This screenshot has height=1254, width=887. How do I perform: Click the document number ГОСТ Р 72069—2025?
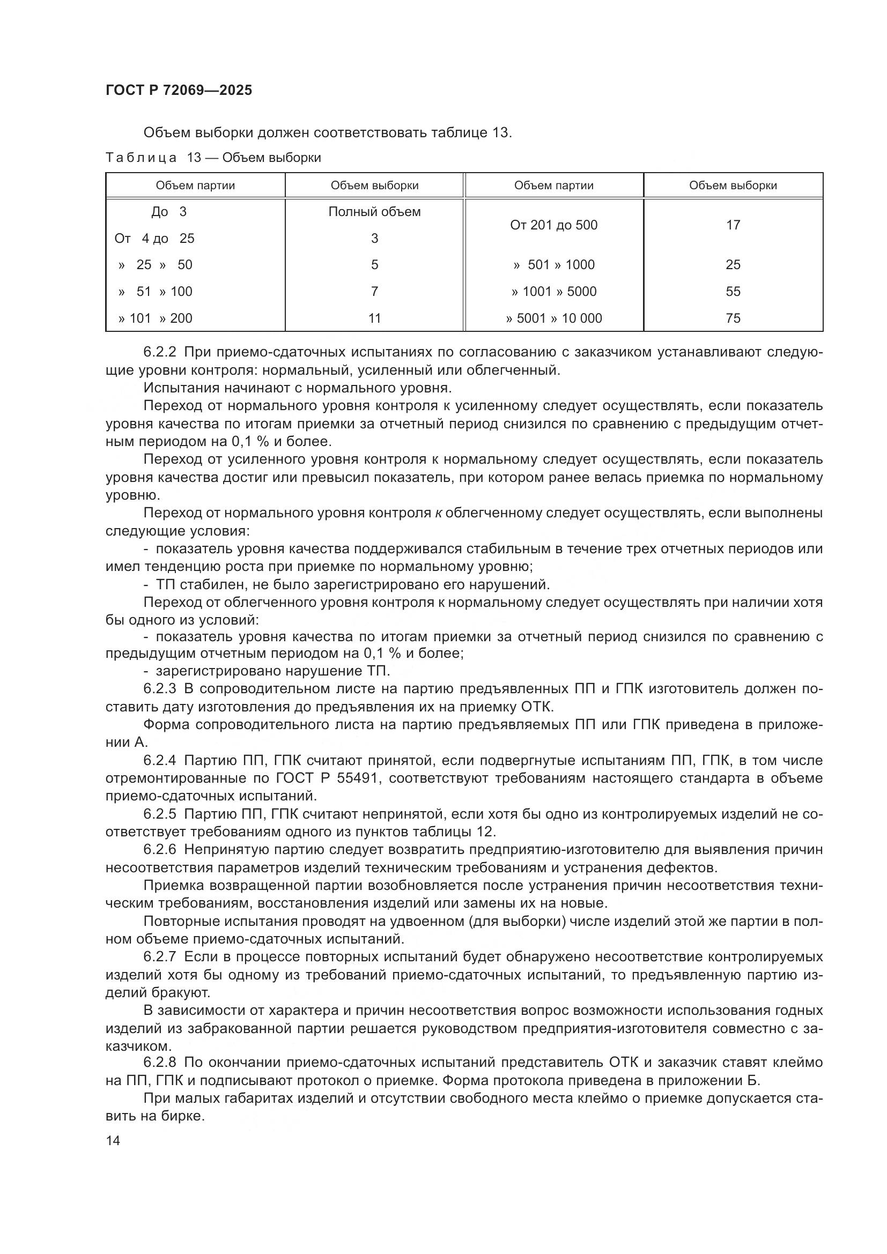click(x=179, y=91)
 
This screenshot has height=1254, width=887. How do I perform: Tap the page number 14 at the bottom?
click(x=113, y=1140)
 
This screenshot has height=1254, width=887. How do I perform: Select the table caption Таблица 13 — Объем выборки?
click(x=213, y=158)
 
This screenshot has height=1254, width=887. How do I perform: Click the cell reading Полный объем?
click(x=374, y=212)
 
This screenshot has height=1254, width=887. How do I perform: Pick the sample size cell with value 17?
click(x=733, y=225)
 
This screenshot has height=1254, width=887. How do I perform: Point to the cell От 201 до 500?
click(x=553, y=225)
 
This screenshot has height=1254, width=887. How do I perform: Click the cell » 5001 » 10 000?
click(x=553, y=318)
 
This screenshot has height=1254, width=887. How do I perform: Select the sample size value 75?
click(x=733, y=318)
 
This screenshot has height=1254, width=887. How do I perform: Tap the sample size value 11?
click(x=374, y=318)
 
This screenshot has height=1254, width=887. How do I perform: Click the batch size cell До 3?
click(x=169, y=212)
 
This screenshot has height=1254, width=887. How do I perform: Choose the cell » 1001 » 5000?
click(x=553, y=292)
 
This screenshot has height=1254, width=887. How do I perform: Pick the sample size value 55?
click(x=733, y=292)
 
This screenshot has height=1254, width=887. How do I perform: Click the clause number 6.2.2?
click(x=159, y=352)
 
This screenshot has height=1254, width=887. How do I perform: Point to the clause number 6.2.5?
click(x=159, y=814)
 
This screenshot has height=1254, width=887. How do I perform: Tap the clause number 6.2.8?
click(x=159, y=1063)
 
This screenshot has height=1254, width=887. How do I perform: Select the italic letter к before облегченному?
click(x=438, y=514)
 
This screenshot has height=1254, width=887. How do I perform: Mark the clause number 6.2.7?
click(x=159, y=957)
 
